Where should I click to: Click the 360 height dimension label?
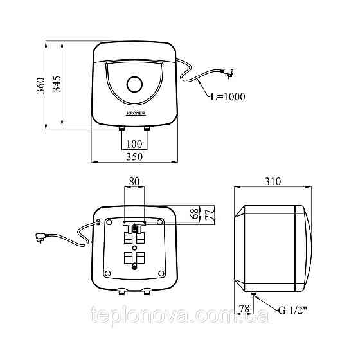point(41,85)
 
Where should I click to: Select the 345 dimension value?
point(57,84)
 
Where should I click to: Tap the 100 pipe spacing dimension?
point(134,144)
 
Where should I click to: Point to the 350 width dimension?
point(134,157)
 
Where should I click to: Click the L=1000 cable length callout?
point(228,96)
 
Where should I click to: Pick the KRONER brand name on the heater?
point(136,113)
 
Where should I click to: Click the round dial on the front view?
point(135,84)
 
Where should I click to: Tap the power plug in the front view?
point(228,73)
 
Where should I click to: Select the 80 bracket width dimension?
point(134,181)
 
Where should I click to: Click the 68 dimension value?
point(195,213)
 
